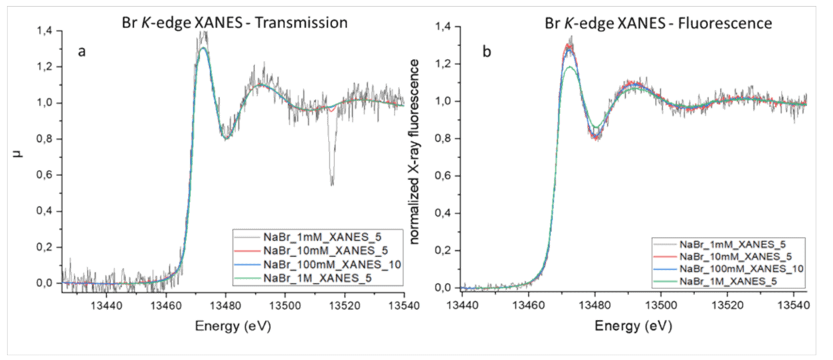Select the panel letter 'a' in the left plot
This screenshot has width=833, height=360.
tap(81, 52)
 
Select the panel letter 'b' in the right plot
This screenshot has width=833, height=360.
tap(486, 51)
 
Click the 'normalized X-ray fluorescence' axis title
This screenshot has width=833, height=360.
tap(415, 150)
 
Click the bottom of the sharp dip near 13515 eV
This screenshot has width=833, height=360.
tap(331, 183)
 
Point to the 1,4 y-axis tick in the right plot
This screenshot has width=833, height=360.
tap(444, 27)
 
